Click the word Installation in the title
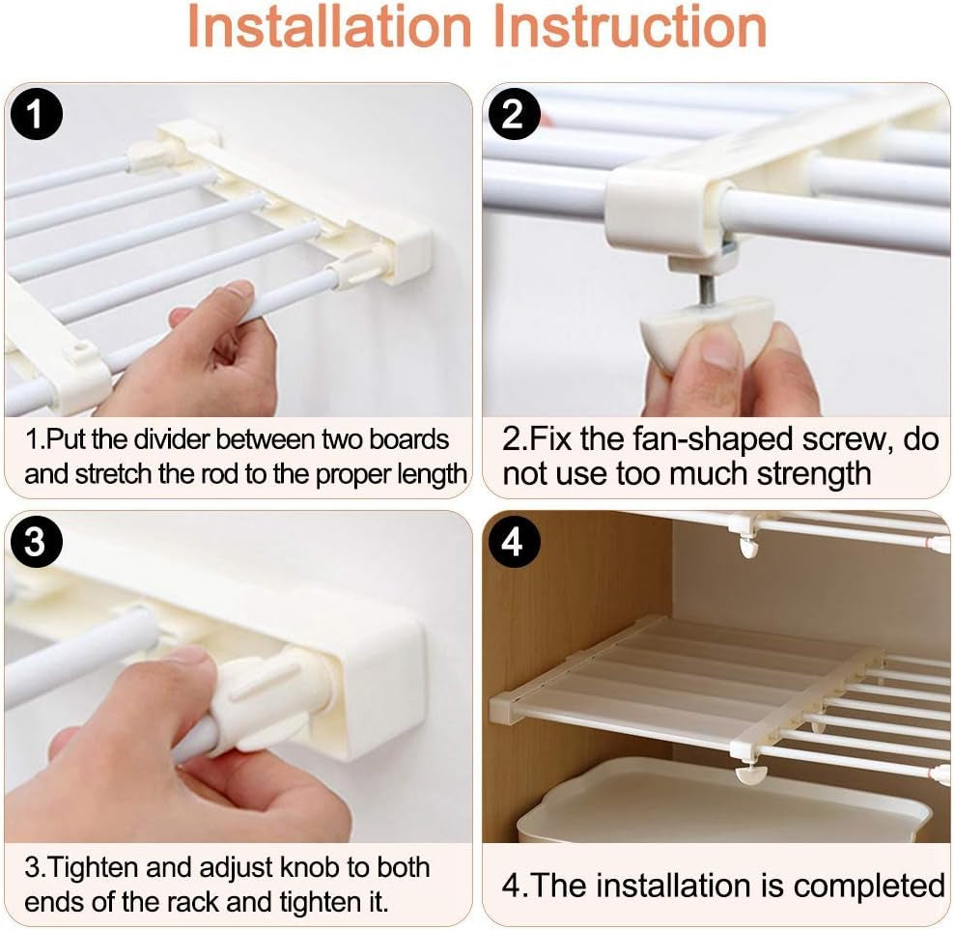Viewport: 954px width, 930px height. (x=330, y=26)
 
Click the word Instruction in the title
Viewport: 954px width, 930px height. (x=630, y=26)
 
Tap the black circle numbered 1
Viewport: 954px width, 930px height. (x=37, y=114)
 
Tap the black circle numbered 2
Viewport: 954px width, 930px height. (x=514, y=114)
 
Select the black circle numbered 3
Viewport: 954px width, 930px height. (x=37, y=542)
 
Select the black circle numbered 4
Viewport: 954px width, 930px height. (x=514, y=542)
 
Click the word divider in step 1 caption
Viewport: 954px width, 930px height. (x=172, y=439)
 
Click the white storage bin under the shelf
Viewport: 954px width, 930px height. (x=724, y=801)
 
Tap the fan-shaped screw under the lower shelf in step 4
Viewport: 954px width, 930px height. (x=751, y=774)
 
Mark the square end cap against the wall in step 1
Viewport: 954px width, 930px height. (x=411, y=254)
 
